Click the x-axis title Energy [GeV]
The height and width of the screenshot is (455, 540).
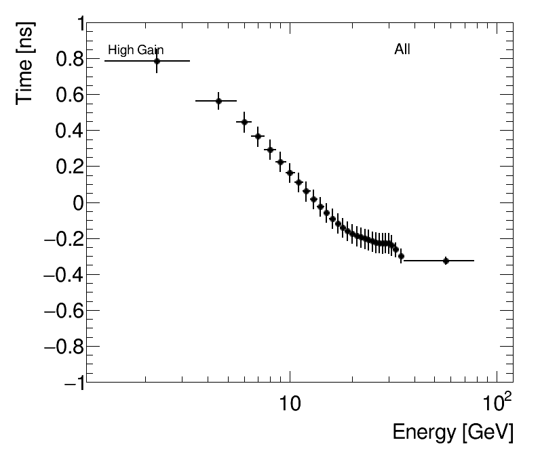pyautogui.click(x=452, y=432)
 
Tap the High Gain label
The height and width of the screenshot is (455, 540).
pyautogui.click(x=136, y=50)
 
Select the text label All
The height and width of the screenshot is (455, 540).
pyautogui.click(x=402, y=49)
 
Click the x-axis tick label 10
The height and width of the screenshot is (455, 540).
pyautogui.click(x=290, y=405)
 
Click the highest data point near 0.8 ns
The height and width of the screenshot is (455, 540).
pyautogui.click(x=157, y=61)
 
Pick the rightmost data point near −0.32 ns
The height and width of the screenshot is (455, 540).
pyautogui.click(x=446, y=261)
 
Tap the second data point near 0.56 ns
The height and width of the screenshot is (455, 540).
pyautogui.click(x=218, y=101)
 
